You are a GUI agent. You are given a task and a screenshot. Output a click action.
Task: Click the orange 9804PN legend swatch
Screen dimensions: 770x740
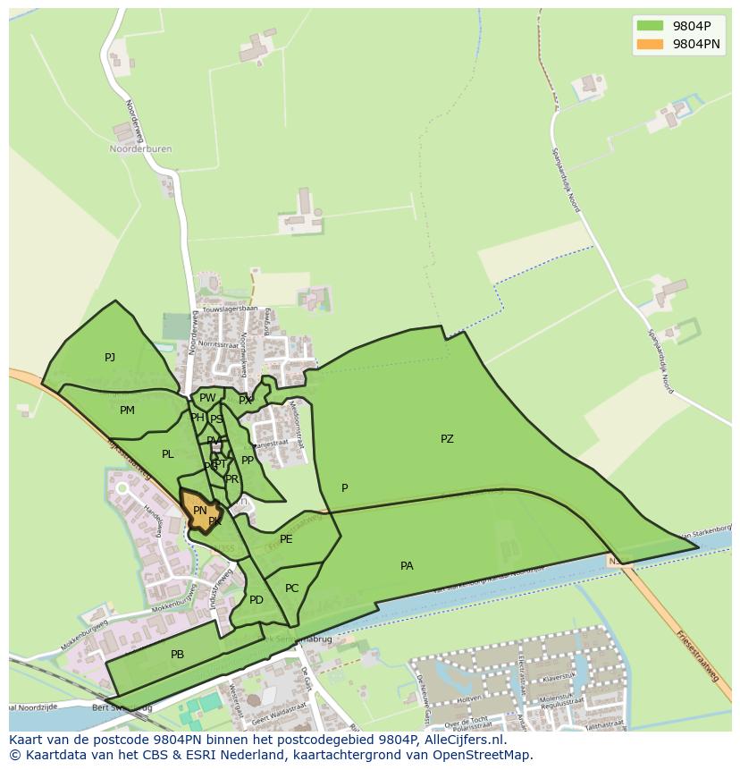click(650, 44)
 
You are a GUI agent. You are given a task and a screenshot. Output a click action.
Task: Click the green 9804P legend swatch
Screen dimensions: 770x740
click(650, 26)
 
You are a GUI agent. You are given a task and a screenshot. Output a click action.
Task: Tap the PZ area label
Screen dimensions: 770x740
click(447, 439)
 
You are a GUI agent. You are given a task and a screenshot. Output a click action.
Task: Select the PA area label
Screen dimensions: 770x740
click(407, 566)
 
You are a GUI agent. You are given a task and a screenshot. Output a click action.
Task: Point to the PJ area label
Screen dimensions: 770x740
click(109, 358)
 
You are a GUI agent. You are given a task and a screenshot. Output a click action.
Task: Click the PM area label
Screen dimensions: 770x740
click(127, 410)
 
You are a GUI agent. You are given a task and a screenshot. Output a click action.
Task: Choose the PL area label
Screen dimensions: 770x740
click(167, 454)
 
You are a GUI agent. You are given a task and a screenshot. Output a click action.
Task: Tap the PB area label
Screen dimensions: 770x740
click(177, 655)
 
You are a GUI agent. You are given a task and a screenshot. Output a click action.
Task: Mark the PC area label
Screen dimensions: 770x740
click(291, 588)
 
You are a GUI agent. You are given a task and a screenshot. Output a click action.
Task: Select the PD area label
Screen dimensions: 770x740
click(256, 600)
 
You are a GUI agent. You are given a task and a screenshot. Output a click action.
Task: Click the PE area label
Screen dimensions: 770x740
click(286, 539)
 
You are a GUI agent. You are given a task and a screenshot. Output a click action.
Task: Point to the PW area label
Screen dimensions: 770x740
click(207, 398)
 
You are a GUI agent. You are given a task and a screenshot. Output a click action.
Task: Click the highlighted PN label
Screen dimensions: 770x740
click(199, 511)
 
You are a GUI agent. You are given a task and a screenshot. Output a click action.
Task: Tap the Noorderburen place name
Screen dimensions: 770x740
click(140, 149)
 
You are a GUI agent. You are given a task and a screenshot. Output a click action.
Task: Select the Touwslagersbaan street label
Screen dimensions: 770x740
click(230, 309)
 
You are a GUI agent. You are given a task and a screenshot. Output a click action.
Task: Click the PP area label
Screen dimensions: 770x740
click(248, 461)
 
